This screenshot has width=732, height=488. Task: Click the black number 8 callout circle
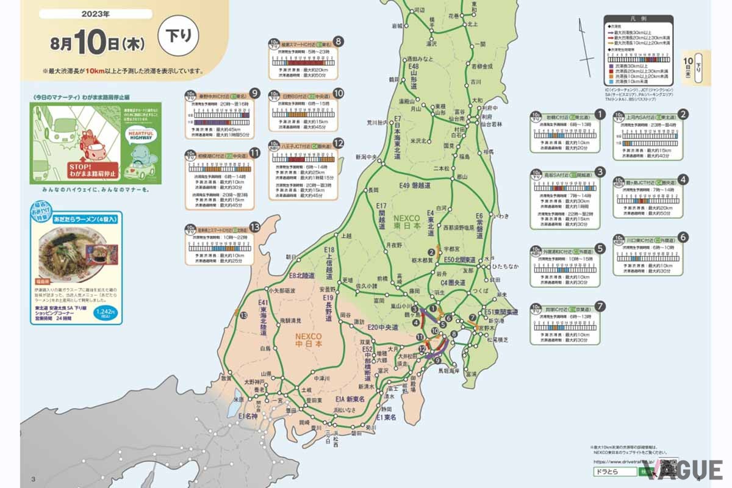pyautogui.click(x=337, y=42)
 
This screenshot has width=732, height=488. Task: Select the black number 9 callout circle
pyautogui.click(x=255, y=93)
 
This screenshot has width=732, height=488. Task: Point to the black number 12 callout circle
pyautogui.click(x=338, y=143)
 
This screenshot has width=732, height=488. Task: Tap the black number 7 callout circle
pyautogui.click(x=600, y=306)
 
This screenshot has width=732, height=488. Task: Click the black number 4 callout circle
pyautogui.click(x=684, y=179)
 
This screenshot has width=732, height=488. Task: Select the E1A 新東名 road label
pyautogui.click(x=350, y=399)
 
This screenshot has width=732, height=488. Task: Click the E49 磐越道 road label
pyautogui.click(x=415, y=185)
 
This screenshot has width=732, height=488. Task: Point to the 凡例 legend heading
pyautogui.click(x=637, y=20)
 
